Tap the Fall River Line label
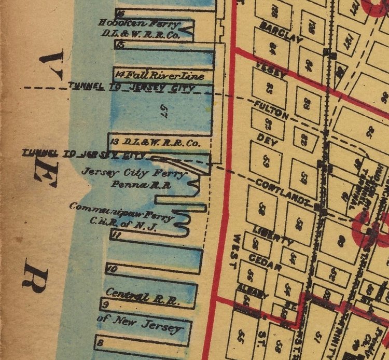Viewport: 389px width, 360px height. click(165, 76)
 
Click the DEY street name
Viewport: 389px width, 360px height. click(267, 140)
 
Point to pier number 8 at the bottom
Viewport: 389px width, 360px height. click(100, 342)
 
